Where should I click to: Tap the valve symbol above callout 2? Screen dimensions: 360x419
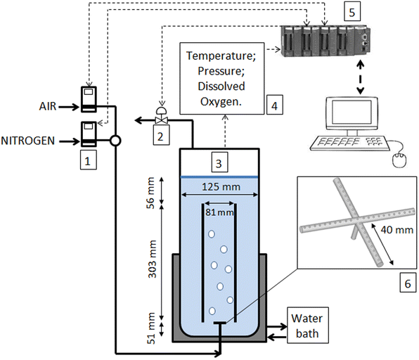tap(161, 120)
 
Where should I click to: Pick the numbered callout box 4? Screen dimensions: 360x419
tap(276, 106)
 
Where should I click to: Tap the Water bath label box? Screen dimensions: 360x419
tap(307, 326)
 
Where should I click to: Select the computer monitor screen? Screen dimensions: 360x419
tap(354, 114)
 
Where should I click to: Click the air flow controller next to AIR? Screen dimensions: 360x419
tap(89, 98)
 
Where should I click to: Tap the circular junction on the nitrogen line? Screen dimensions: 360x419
tap(115, 141)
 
